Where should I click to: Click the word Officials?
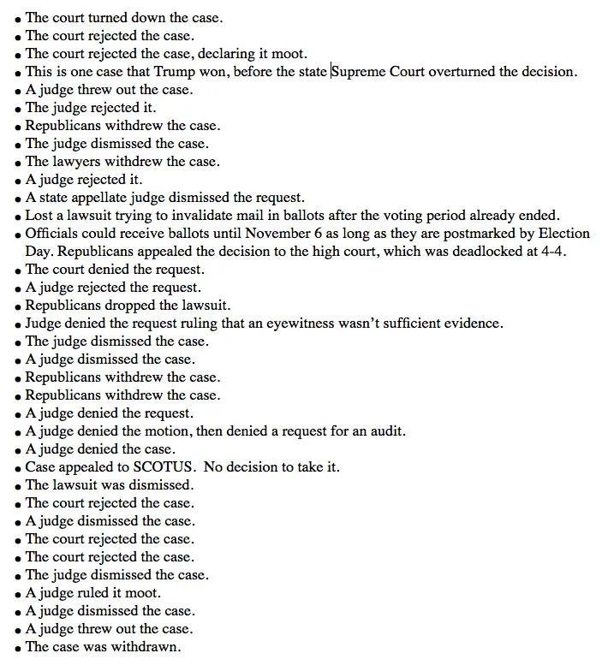[53, 234]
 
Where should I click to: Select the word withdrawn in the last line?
[147, 647]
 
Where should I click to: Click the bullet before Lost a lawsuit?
[18, 217]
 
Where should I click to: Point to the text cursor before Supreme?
[331, 71]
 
